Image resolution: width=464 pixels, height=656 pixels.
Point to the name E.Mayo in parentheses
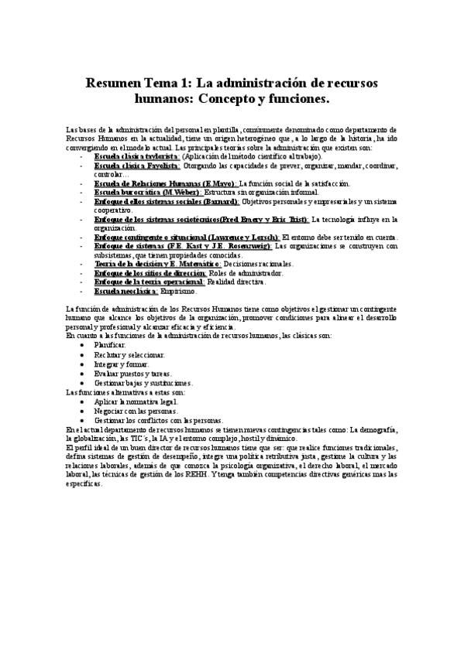(216, 183)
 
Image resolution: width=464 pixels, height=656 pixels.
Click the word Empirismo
(179, 291)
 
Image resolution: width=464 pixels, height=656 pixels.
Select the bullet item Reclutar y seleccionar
(129, 354)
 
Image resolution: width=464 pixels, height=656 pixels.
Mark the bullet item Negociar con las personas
(134, 411)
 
